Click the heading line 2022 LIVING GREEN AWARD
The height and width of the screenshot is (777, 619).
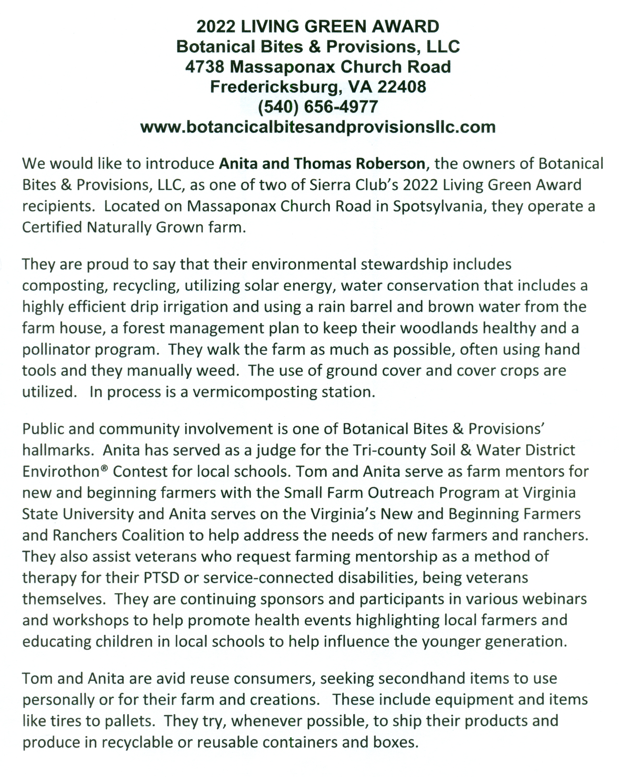click(x=318, y=27)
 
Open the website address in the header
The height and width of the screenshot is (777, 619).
click(x=318, y=127)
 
